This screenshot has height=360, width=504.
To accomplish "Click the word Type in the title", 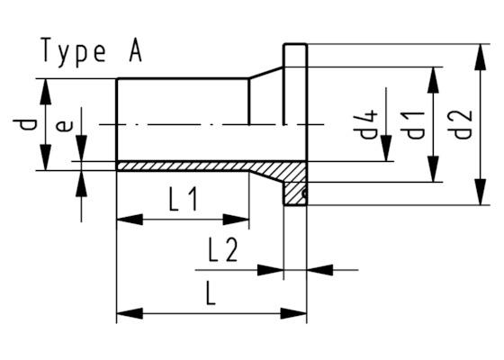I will [x=73, y=51].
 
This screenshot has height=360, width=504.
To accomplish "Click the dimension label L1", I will [x=183, y=201].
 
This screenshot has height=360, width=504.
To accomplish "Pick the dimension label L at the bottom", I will [x=209, y=293].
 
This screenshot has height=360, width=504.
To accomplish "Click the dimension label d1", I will [x=414, y=123].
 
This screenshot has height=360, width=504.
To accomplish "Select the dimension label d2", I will [x=463, y=123].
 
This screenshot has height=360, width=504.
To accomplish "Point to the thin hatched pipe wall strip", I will [x=180, y=166].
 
